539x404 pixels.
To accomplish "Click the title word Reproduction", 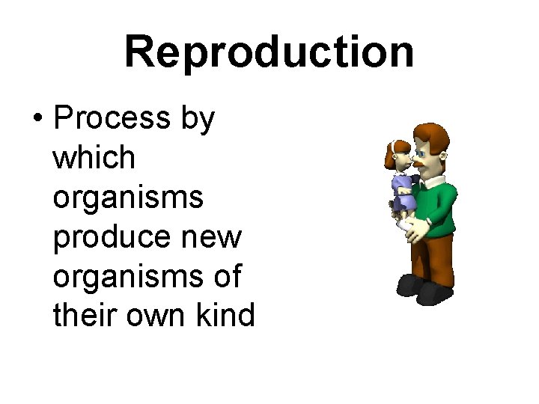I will pyautogui.click(x=269, y=52).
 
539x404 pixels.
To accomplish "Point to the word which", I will pyautogui.click(x=94, y=158).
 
